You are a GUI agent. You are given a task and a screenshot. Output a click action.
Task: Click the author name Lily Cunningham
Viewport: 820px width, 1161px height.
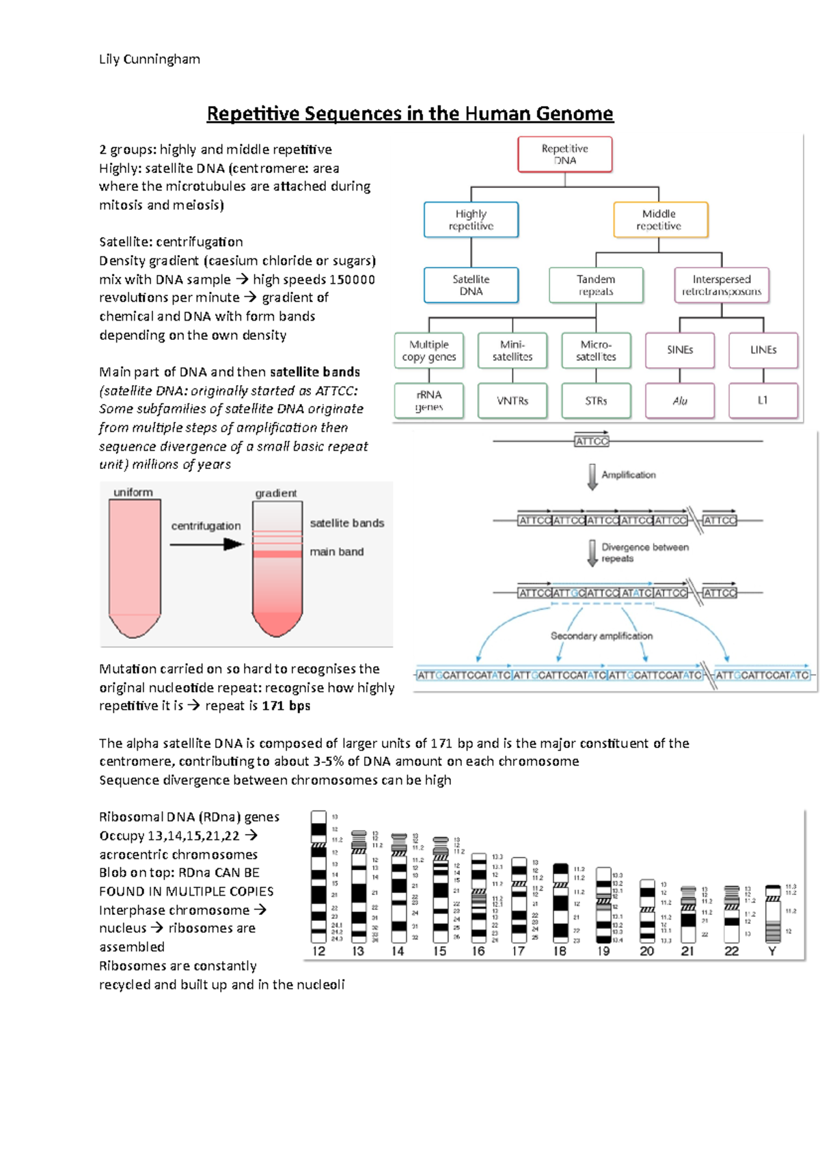pyautogui.click(x=150, y=59)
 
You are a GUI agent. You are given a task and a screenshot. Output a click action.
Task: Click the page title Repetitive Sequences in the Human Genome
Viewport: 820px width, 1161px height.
pyautogui.click(x=410, y=114)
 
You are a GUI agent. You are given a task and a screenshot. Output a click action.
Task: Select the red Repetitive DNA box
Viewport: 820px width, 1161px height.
pyautogui.click(x=565, y=155)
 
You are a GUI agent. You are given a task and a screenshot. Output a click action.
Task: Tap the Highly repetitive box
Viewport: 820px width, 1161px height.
pyautogui.click(x=471, y=219)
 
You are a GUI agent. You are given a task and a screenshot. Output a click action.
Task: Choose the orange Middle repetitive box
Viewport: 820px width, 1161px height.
pyautogui.click(x=659, y=219)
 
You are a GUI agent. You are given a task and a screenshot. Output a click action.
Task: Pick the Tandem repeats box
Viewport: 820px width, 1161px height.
pyautogui.click(x=596, y=285)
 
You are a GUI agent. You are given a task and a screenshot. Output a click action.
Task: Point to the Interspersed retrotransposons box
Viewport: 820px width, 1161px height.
pyautogui.click(x=721, y=285)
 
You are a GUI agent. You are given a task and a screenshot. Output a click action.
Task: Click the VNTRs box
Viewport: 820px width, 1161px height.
pyautogui.click(x=512, y=401)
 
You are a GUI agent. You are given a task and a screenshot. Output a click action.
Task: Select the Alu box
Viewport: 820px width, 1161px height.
pyautogui.click(x=680, y=401)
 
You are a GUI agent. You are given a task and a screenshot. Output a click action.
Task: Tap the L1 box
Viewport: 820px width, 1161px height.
pyautogui.click(x=763, y=401)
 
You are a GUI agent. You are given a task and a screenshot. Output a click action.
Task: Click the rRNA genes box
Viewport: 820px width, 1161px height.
pyautogui.click(x=429, y=401)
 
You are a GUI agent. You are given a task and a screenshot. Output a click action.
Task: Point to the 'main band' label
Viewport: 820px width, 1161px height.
pyautogui.click(x=336, y=552)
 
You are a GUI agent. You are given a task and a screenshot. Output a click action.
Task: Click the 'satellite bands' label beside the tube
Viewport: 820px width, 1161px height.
pyautogui.click(x=346, y=523)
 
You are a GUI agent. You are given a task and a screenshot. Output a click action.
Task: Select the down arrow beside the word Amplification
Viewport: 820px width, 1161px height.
pyautogui.click(x=592, y=477)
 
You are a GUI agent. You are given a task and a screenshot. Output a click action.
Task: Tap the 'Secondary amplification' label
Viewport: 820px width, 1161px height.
pyautogui.click(x=601, y=636)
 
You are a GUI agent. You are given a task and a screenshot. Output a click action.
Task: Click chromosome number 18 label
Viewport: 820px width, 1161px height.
pyautogui.click(x=560, y=951)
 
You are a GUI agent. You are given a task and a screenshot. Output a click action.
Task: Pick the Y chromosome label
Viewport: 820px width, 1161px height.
pyautogui.click(x=772, y=951)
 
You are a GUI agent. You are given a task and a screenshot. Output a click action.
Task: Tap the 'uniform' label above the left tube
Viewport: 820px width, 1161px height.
pyautogui.click(x=133, y=492)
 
